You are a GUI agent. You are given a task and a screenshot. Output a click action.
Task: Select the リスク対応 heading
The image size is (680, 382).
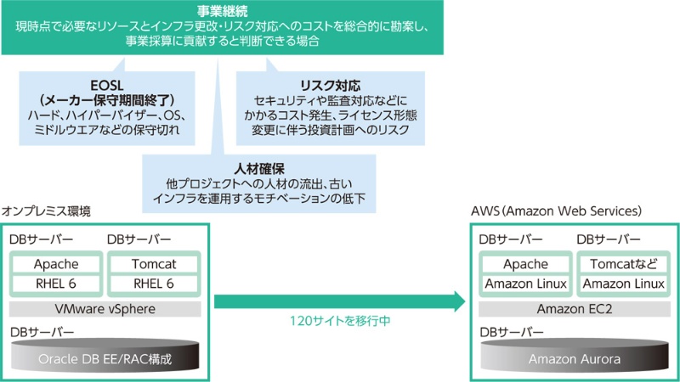click(331, 87)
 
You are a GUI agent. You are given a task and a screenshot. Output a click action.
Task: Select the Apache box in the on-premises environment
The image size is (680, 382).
click(56, 265)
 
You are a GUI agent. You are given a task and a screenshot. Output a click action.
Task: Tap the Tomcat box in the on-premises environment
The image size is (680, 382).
click(154, 265)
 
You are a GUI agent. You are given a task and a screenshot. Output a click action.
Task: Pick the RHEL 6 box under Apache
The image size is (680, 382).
click(56, 284)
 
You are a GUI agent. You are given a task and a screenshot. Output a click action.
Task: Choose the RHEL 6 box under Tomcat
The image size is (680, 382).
click(154, 284)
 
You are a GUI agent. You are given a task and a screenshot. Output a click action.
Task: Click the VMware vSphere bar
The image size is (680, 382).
click(105, 309)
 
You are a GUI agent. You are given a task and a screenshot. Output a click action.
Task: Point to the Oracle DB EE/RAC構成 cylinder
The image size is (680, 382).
click(105, 359)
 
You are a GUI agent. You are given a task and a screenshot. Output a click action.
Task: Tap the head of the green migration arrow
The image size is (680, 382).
click(458, 301)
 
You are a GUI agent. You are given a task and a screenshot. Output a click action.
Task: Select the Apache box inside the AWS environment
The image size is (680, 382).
click(525, 264)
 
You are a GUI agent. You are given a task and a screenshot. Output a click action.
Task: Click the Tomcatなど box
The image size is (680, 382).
click(622, 264)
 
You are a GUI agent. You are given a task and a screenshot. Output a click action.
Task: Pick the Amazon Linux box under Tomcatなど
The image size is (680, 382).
click(622, 284)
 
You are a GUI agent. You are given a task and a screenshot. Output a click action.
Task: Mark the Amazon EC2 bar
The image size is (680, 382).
click(574, 308)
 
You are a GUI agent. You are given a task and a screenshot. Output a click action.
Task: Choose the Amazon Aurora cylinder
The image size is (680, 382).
click(574, 359)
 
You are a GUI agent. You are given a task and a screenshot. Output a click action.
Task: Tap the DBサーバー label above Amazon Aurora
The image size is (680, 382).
click(509, 332)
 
